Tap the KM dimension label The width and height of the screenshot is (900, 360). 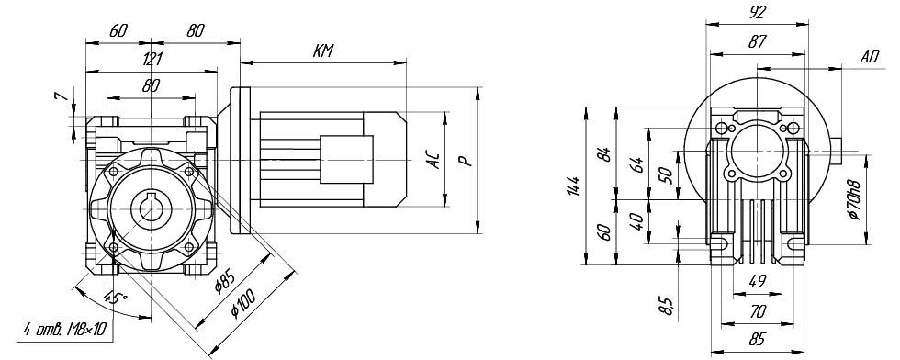click(x=323, y=51)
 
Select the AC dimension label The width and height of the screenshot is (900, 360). click(x=435, y=160)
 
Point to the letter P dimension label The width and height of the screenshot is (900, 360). click(x=467, y=160)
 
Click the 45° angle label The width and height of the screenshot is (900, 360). click(x=116, y=298)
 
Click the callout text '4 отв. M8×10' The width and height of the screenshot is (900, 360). click(x=65, y=330)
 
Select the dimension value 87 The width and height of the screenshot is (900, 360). click(x=758, y=42)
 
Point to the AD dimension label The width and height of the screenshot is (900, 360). click(x=871, y=56)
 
